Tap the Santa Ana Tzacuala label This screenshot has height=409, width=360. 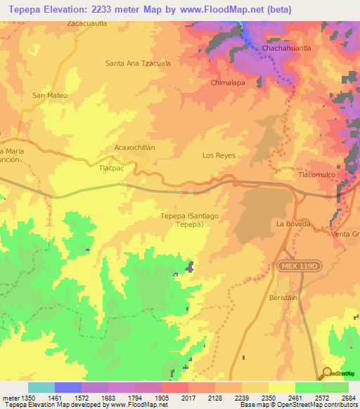[x=138, y=63]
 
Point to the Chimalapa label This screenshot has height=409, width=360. [x=227, y=82]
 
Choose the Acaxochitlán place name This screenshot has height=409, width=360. [x=134, y=148]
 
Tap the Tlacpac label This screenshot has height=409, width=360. [x=112, y=169]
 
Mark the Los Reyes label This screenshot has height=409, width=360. [x=218, y=155]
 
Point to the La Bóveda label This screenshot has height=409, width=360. [x=293, y=223]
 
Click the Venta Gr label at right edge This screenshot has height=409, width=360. [x=345, y=233]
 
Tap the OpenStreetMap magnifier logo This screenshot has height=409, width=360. [x=327, y=373]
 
